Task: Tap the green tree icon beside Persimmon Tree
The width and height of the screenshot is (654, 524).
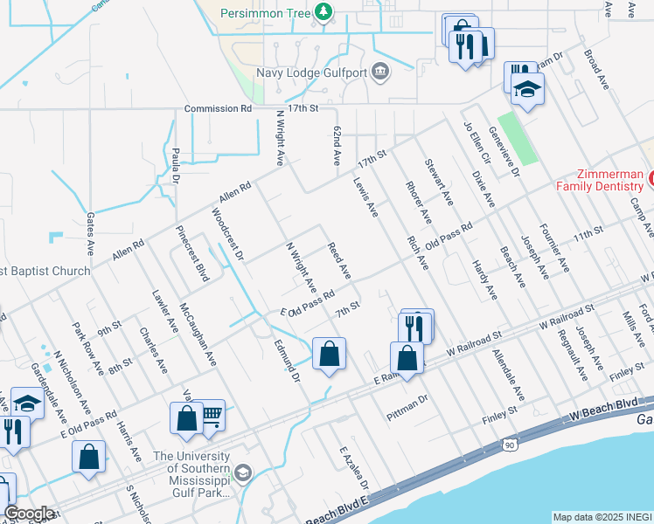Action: click(x=324, y=11)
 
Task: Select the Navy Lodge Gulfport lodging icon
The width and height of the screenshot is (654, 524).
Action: click(x=380, y=72)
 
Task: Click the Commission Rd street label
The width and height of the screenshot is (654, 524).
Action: click(x=217, y=109)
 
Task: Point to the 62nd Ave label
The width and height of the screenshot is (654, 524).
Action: click(x=336, y=145)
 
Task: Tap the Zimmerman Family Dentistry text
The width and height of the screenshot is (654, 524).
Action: click(x=599, y=180)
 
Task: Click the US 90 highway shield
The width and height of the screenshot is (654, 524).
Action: click(x=509, y=445)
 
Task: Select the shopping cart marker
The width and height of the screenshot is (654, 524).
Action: click(x=212, y=415)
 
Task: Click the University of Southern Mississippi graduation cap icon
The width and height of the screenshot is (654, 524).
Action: click(x=242, y=472)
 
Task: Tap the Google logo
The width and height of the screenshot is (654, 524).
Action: click(x=29, y=514)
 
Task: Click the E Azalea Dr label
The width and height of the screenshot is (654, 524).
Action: click(x=354, y=468)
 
